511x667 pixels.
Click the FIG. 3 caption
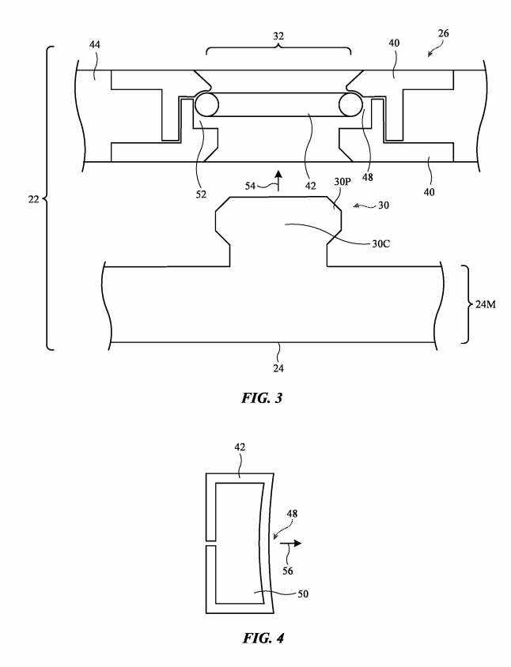(x=262, y=398)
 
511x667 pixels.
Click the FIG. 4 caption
(x=263, y=638)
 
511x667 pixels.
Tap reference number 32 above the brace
(x=278, y=36)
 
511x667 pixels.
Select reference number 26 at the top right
(x=443, y=33)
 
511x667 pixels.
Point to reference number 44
(x=95, y=45)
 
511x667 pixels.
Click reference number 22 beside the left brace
(x=34, y=199)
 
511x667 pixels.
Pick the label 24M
(x=486, y=304)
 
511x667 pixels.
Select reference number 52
(x=201, y=194)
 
